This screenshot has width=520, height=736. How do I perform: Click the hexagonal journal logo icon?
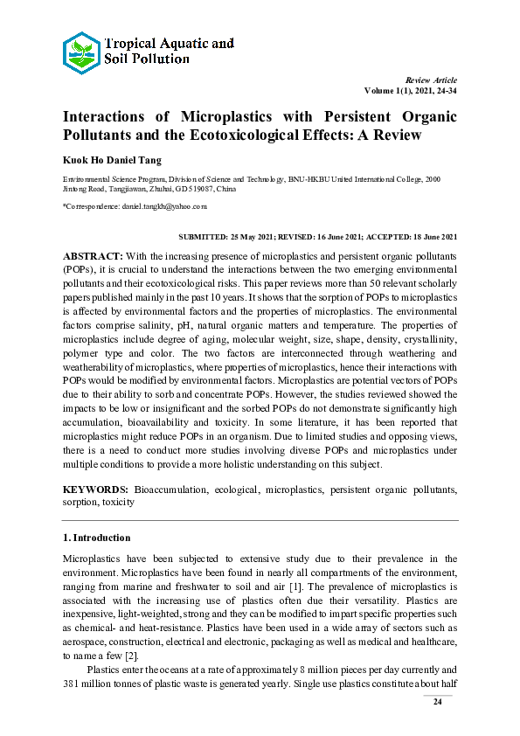click(x=82, y=52)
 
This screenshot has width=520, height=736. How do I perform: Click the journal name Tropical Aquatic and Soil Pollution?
click(x=169, y=51)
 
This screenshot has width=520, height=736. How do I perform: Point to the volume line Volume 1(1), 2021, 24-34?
click(x=410, y=91)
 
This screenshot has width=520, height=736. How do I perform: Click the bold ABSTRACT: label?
click(x=93, y=254)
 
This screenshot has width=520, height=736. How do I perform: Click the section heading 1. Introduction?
click(x=96, y=538)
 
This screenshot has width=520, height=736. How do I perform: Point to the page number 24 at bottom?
click(x=439, y=703)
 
